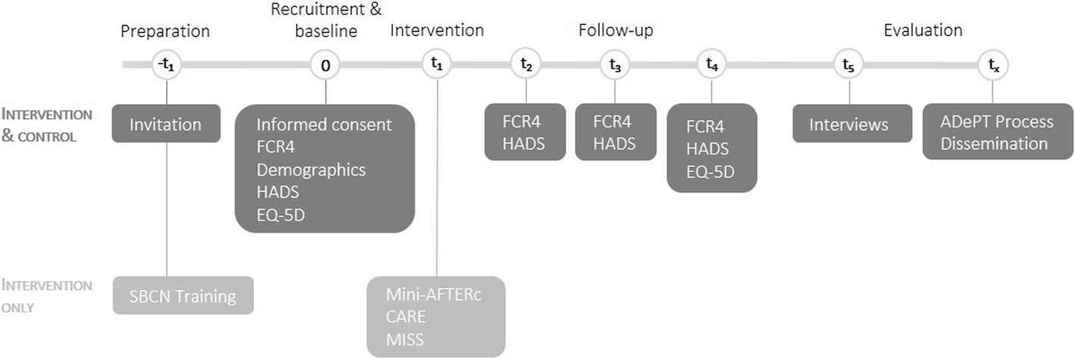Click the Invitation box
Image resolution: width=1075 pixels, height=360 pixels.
[166, 124]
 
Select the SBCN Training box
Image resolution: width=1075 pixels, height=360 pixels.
[183, 296]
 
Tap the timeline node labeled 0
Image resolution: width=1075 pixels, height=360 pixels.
[325, 65]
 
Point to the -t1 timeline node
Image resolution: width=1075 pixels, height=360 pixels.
[166, 65]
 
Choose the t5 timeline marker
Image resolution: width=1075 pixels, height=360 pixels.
[848, 65]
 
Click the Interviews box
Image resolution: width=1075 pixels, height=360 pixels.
[848, 124]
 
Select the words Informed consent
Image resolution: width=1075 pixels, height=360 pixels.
[324, 124]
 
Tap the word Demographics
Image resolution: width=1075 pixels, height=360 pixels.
[311, 169]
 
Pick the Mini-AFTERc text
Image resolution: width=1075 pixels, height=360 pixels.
[434, 295]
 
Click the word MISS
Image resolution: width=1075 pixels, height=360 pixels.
[405, 340]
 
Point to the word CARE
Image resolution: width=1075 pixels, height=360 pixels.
[406, 318]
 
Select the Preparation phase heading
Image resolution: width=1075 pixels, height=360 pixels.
[165, 31]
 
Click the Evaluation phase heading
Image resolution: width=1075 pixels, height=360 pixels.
[923, 31]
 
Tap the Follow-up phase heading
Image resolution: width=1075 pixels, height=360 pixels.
[616, 31]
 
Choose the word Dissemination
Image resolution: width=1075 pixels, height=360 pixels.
[994, 143]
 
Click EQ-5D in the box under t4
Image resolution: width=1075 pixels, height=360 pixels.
[710, 171]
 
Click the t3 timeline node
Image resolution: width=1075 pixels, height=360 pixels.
[615, 65]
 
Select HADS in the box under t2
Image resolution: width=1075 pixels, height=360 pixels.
[524, 143]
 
